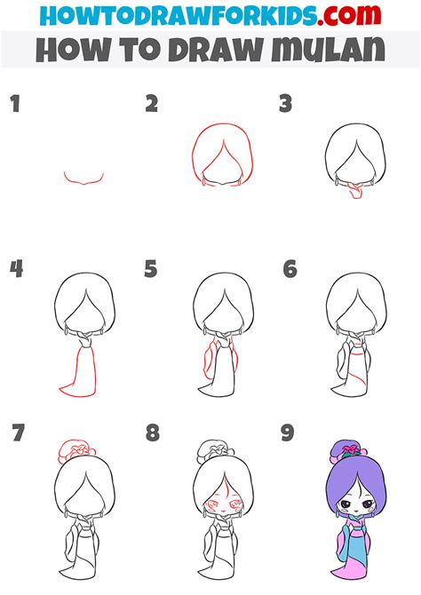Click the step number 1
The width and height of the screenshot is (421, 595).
pos(14,105)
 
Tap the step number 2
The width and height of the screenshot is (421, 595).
pos(151,105)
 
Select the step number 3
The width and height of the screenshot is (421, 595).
pos(285,105)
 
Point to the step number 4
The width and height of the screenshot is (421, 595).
pos(15,268)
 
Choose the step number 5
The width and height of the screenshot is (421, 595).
pos(151,268)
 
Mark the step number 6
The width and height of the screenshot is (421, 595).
pos(289,268)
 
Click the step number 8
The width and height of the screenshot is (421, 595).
pos(152,433)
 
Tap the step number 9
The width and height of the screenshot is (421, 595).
pos(289,433)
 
